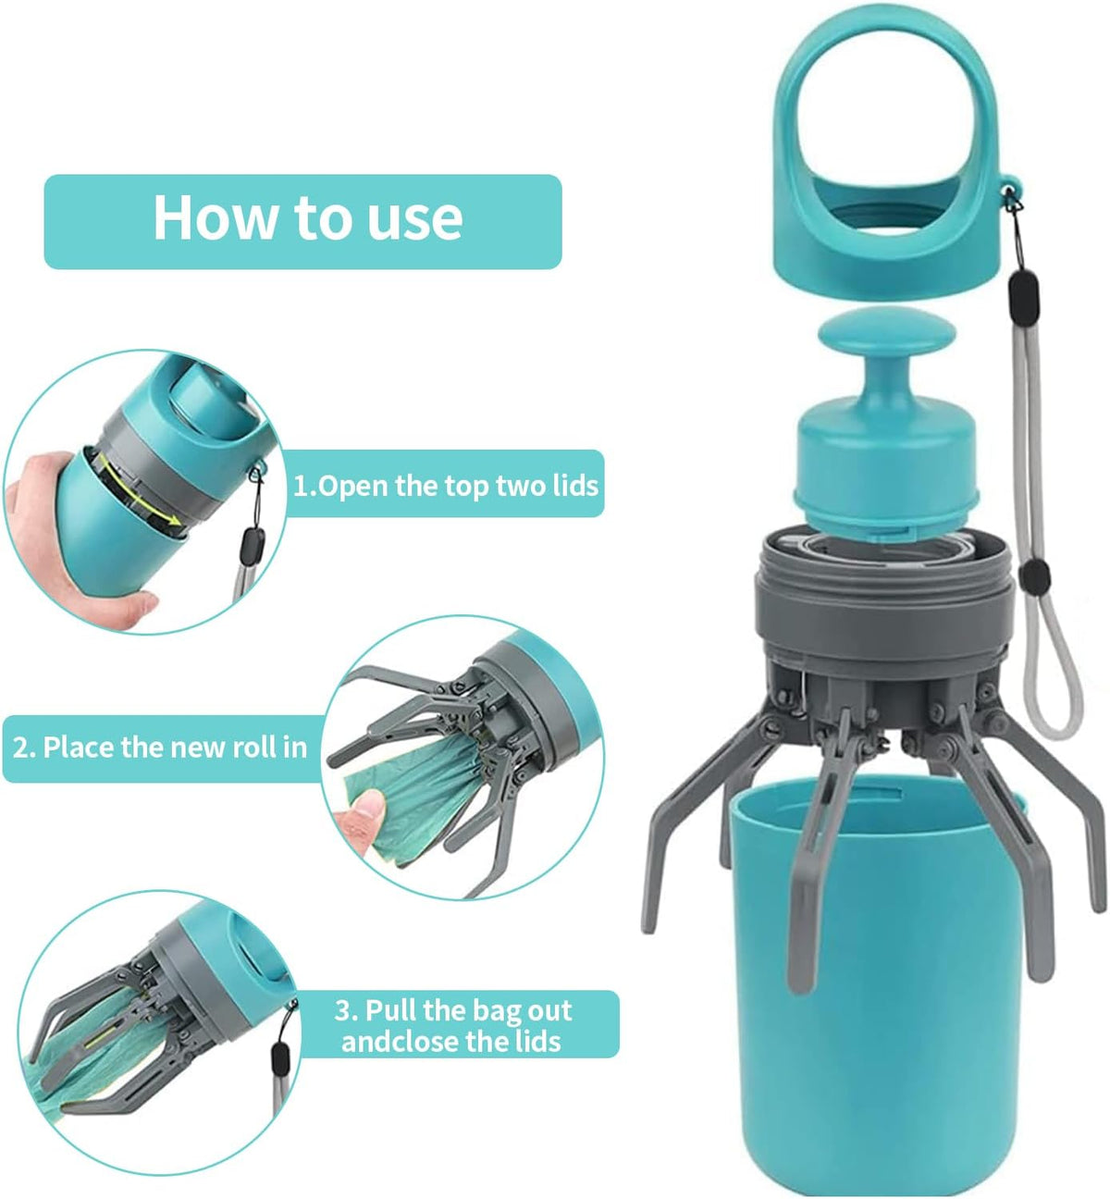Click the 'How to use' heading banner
[303, 221]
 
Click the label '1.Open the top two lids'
[445, 485]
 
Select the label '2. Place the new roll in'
[159, 748]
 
